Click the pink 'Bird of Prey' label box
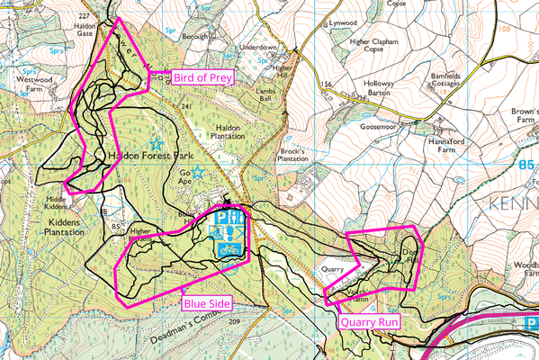coord(204,77)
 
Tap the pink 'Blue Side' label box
coord(208,303)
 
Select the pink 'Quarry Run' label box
coord(366,320)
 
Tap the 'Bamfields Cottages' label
coord(451,81)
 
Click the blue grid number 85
coord(527,165)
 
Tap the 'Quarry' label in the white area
coord(334,268)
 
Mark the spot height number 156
coord(327,85)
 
